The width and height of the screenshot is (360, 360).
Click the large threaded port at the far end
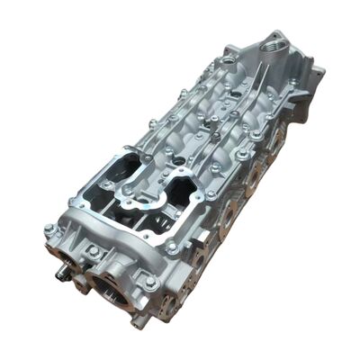coord(270,43)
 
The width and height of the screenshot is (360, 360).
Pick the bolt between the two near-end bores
coord(93,253)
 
